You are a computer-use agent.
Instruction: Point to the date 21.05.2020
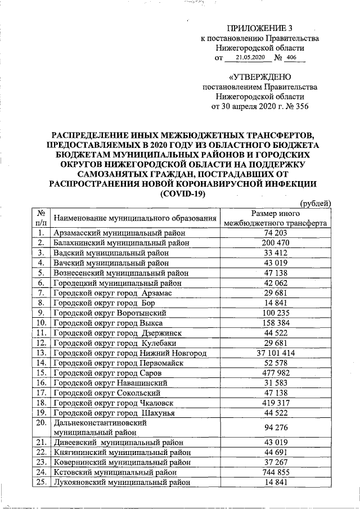(x=249, y=58)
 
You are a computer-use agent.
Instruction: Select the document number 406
(x=291, y=58)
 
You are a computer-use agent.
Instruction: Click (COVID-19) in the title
(x=183, y=193)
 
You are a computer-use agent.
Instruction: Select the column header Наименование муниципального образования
(x=134, y=218)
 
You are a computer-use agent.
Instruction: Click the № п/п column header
(x=41, y=218)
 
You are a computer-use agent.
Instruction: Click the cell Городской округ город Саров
(x=110, y=373)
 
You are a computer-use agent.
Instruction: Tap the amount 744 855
(x=276, y=472)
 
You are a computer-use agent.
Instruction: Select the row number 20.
(x=41, y=422)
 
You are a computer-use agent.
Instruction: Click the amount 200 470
(x=276, y=243)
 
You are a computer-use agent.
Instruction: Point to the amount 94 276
(x=276, y=427)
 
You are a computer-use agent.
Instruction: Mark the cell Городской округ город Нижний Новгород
(x=130, y=353)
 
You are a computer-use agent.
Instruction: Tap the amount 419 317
(x=276, y=403)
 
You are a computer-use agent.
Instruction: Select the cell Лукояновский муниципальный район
(x=121, y=482)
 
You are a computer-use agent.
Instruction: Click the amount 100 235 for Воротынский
(x=276, y=313)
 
